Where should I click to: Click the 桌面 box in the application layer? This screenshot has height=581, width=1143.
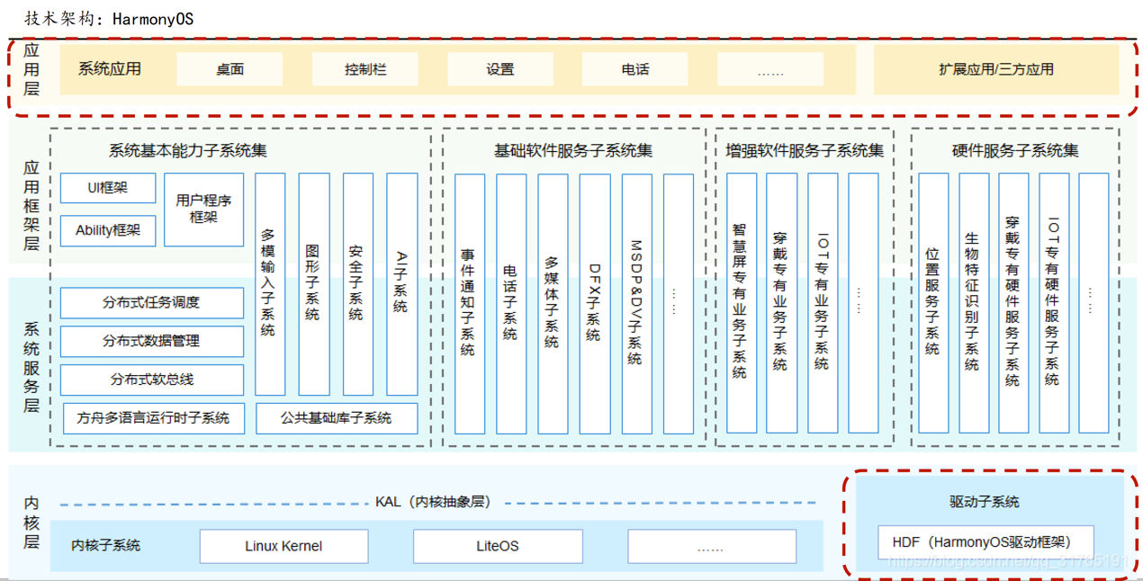click(229, 69)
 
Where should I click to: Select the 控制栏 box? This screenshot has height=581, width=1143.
click(364, 69)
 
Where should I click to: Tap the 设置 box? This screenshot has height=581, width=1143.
click(500, 69)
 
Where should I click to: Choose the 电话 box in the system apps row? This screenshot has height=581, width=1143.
click(634, 69)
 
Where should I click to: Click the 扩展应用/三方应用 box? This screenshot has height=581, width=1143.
click(996, 69)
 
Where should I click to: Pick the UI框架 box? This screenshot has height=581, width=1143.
click(108, 188)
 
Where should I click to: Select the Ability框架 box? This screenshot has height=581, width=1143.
click(108, 230)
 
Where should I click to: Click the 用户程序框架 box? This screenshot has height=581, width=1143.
click(203, 210)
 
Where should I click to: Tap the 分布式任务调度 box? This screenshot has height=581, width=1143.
click(151, 302)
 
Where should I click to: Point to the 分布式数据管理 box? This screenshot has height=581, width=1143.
click(151, 341)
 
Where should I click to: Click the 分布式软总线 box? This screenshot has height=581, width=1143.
click(151, 380)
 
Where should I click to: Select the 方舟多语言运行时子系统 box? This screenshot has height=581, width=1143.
click(154, 418)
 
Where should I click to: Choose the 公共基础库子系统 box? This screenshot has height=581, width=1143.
click(337, 418)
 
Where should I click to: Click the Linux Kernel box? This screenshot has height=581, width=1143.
click(283, 546)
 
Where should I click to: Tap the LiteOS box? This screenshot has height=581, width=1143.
click(498, 546)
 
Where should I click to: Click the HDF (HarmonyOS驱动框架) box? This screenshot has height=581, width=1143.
click(985, 541)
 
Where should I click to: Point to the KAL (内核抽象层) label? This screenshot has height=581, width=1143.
click(433, 502)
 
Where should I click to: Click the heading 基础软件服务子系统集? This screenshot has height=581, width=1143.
click(573, 150)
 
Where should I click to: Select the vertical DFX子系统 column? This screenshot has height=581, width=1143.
click(595, 303)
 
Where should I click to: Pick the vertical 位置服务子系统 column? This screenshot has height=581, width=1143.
click(933, 303)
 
